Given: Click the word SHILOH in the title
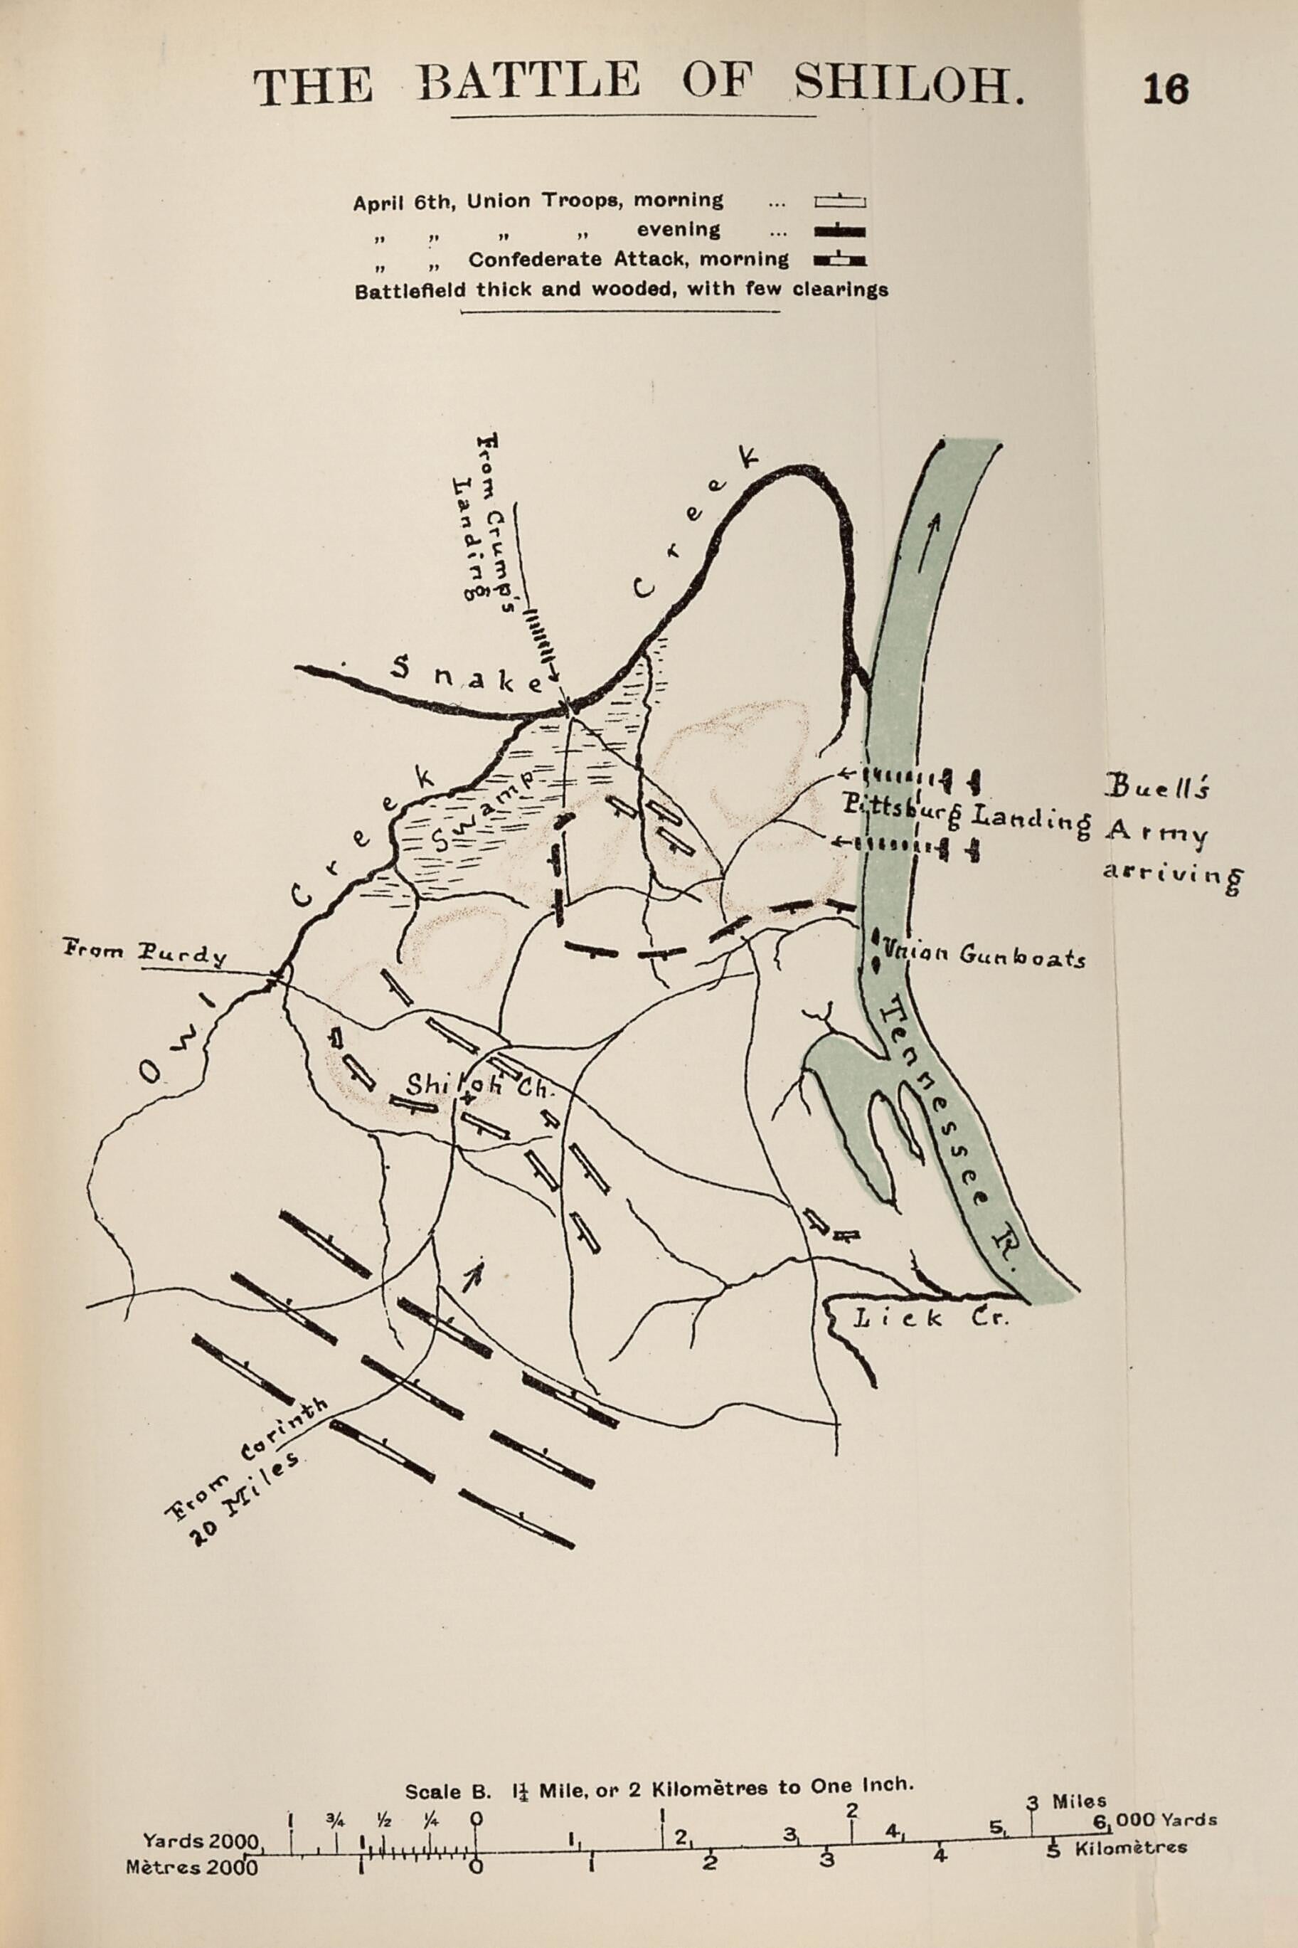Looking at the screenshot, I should pos(908,85).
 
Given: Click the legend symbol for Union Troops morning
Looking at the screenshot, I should pos(839,201).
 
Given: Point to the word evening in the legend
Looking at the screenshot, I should pos(678,229).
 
